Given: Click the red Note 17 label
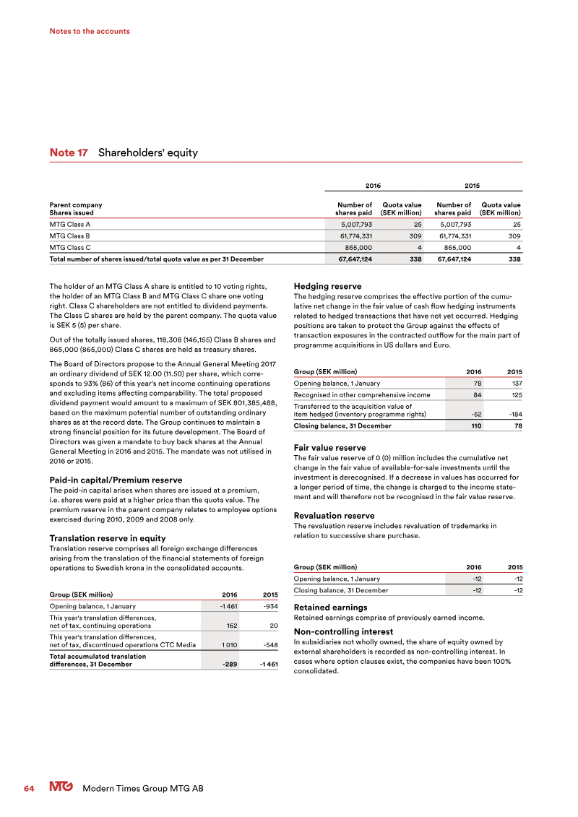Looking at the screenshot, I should click(69, 152).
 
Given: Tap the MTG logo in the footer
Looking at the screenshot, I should click(62, 788).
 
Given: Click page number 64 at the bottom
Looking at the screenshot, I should click(29, 788).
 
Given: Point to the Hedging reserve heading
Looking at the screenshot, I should click(327, 287).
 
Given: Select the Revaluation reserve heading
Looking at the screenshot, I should click(334, 516).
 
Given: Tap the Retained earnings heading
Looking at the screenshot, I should click(331, 608).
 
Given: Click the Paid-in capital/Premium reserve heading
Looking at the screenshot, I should click(115, 480).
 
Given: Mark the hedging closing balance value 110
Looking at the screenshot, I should click(476, 425).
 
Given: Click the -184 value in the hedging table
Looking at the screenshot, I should click(515, 414).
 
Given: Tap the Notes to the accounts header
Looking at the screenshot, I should click(90, 31).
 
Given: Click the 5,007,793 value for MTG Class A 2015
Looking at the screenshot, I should click(453, 224).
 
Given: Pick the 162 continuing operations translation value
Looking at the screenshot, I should click(232, 625).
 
